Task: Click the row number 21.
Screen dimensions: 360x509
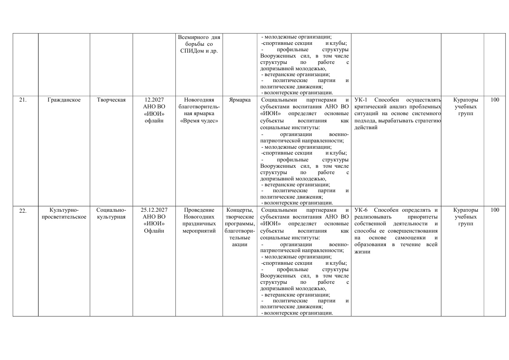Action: click(x=22, y=100)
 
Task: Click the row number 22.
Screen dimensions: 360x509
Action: click(x=22, y=210)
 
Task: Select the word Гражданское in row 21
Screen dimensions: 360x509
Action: click(x=64, y=100)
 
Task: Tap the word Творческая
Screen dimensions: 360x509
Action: click(x=111, y=100)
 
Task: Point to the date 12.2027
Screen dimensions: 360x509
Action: click(x=154, y=100)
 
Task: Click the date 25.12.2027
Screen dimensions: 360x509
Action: click(x=154, y=210)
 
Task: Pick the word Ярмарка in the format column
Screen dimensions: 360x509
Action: click(x=240, y=100)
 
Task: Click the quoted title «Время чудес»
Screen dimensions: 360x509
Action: click(x=199, y=121)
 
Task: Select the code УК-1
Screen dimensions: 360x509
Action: click(x=360, y=100)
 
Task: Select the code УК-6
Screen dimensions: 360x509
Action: click(x=361, y=210)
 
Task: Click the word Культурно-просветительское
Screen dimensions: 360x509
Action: click(x=64, y=214)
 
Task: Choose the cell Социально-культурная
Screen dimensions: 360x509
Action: click(x=111, y=214)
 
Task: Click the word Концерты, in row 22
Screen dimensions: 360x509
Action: click(x=240, y=210)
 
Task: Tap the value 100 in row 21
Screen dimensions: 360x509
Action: click(x=494, y=100)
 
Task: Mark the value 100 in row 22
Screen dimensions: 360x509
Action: click(x=494, y=210)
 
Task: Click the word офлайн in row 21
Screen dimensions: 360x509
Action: click(x=154, y=121)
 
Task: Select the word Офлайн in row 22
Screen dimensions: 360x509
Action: click(x=154, y=231)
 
